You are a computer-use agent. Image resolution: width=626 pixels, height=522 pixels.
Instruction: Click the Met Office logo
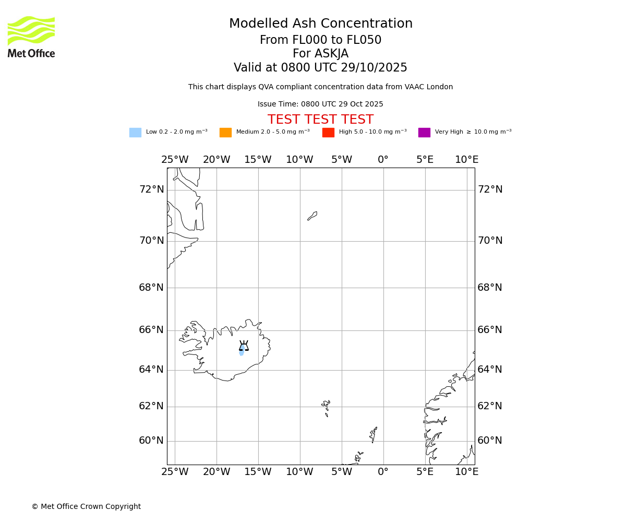coord(31,37)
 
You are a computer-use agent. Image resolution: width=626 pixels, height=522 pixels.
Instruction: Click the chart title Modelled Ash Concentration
coord(320,24)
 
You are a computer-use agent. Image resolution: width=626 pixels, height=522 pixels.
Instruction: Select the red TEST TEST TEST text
coord(320,120)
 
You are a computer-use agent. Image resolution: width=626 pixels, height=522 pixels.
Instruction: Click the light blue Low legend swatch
coord(135,133)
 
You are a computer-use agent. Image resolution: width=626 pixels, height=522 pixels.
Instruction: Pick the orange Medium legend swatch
coord(225,133)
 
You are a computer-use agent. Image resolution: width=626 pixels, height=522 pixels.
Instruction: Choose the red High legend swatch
coord(328,133)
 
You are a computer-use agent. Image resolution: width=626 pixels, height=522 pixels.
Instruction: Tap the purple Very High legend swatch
coord(424,133)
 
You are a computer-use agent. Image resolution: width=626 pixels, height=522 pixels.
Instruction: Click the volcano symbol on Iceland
coord(244,346)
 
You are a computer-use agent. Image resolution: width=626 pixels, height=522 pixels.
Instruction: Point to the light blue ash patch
coord(242,352)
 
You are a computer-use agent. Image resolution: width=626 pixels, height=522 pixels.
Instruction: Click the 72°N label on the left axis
coord(151,189)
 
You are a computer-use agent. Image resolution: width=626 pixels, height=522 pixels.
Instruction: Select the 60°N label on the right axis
coord(490,441)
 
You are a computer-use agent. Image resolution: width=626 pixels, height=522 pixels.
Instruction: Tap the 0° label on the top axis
coord(383,160)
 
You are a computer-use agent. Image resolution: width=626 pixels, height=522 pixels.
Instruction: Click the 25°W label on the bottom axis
coord(175,472)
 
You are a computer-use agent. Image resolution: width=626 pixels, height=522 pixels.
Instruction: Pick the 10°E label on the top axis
coord(466,160)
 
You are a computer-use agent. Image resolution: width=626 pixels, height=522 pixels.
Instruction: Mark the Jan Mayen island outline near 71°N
coord(312,216)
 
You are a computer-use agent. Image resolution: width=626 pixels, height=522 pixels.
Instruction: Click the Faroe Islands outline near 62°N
coord(326,406)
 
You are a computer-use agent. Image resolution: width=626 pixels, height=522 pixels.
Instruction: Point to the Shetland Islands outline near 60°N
coord(374,434)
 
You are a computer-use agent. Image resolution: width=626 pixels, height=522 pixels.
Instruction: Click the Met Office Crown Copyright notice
coord(86,507)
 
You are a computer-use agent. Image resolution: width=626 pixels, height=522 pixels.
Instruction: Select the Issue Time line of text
coord(320,104)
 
